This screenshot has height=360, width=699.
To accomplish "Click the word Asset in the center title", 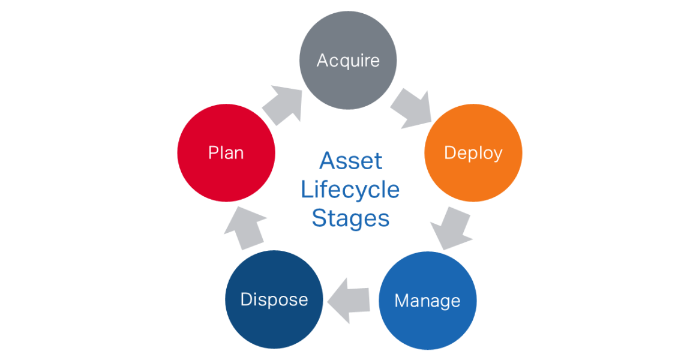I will pyautogui.click(x=350, y=161).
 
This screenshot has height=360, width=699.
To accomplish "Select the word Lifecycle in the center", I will pyautogui.click(x=350, y=190).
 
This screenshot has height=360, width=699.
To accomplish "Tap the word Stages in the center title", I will pyautogui.click(x=350, y=218).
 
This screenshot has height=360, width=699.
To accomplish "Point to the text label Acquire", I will pyautogui.click(x=348, y=61).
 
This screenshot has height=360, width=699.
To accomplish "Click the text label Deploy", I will pyautogui.click(x=473, y=153).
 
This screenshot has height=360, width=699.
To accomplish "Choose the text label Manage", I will pyautogui.click(x=427, y=301).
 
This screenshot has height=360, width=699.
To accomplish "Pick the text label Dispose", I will pyautogui.click(x=274, y=299).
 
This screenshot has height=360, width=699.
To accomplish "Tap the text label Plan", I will pyautogui.click(x=226, y=152).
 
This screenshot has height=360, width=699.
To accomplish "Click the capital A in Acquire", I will pyautogui.click(x=323, y=60).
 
